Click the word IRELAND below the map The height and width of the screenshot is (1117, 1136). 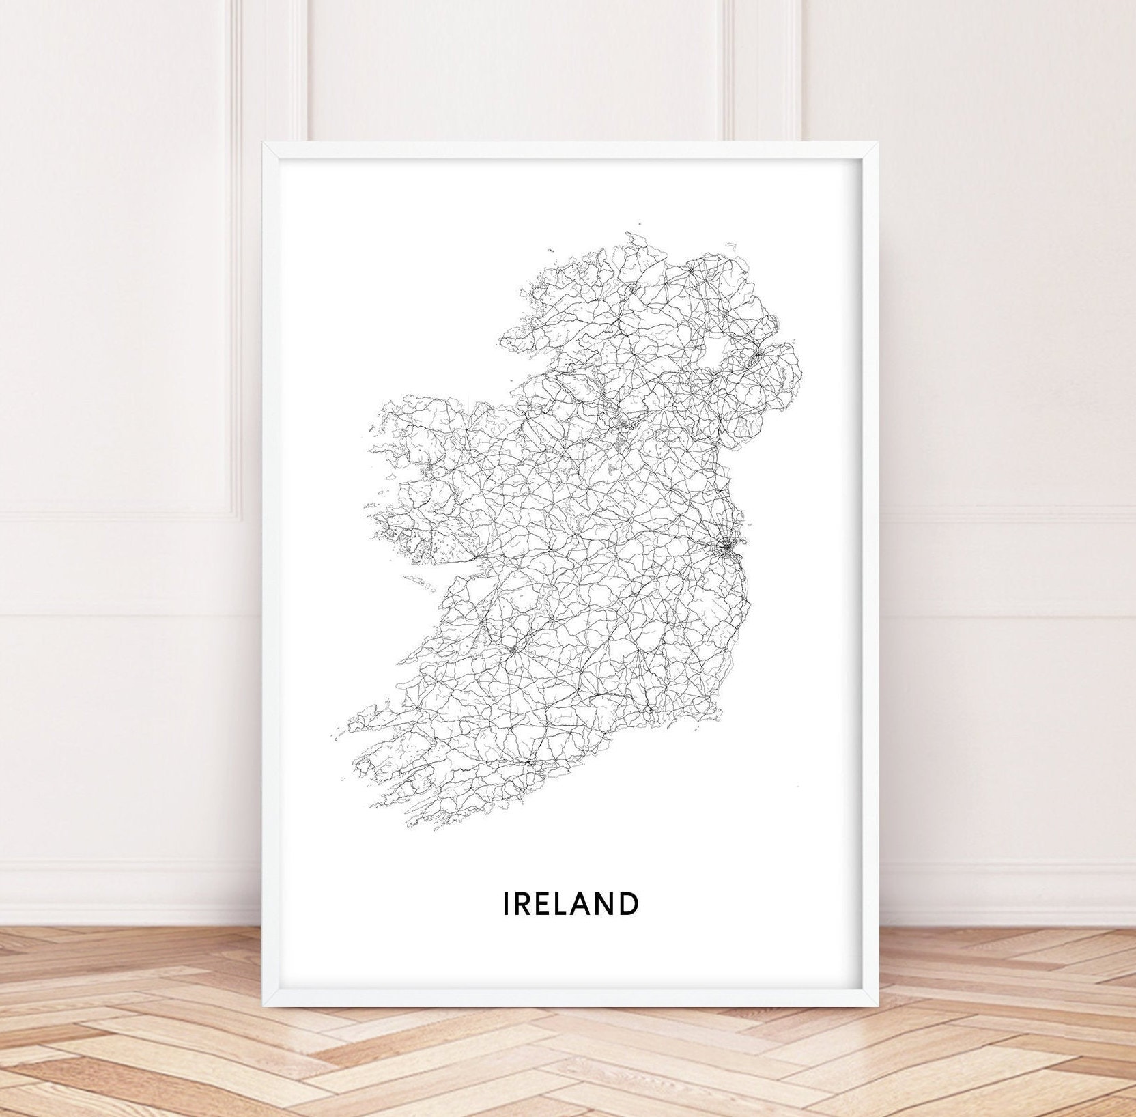pyautogui.click(x=571, y=903)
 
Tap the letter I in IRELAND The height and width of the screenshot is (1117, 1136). pyautogui.click(x=506, y=903)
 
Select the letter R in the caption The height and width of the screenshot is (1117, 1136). pyautogui.click(x=522, y=903)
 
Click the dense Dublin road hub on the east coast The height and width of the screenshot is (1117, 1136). pyautogui.click(x=728, y=546)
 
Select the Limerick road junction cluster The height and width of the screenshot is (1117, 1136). pyautogui.click(x=513, y=649)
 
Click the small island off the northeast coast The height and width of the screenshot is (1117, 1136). pyautogui.click(x=731, y=245)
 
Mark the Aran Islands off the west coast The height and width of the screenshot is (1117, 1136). pyautogui.click(x=418, y=582)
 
